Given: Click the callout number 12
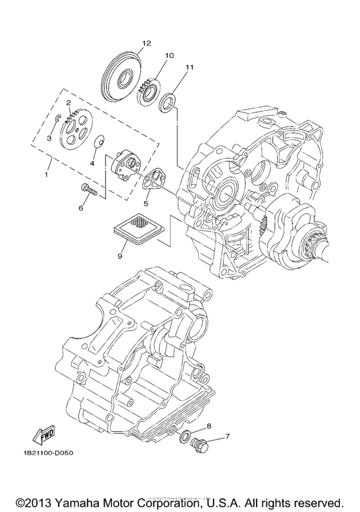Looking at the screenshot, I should pyautogui.click(x=146, y=43).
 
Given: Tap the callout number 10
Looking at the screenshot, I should pyautogui.click(x=169, y=55).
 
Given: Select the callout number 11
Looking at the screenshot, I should pyautogui.click(x=189, y=67).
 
